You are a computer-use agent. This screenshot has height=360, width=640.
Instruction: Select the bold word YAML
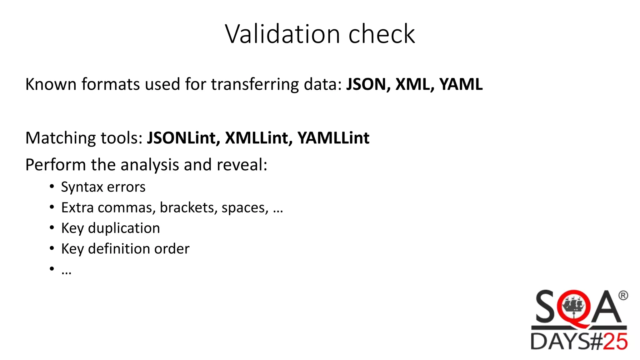point(461,84)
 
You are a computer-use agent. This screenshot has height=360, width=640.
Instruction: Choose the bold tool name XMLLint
point(259,138)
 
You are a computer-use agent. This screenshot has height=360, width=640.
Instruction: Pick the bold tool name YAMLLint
point(333,138)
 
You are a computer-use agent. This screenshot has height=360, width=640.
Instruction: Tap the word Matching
point(60,138)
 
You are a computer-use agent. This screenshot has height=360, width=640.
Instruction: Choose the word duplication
point(124,228)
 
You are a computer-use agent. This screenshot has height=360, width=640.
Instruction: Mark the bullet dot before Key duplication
point(52,228)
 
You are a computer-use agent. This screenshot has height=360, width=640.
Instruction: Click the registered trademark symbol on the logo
point(623,295)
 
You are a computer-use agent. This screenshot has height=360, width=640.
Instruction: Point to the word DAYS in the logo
point(560,341)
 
